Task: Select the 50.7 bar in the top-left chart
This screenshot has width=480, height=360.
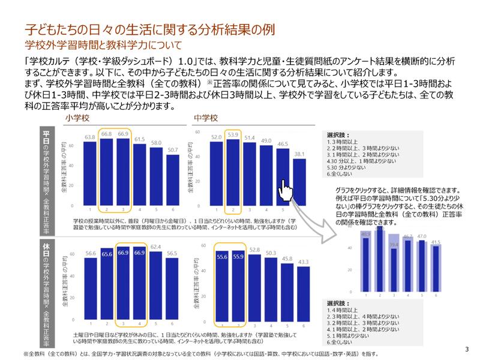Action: tap(173, 180)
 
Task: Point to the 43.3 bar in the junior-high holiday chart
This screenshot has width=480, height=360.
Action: tap(304, 294)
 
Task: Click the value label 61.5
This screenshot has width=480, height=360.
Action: tap(139, 139)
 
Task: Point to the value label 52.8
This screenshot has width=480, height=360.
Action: tap(254, 249)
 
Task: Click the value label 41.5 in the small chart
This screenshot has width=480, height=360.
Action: tap(436, 242)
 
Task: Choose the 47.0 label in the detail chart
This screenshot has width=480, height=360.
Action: tap(422, 236)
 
